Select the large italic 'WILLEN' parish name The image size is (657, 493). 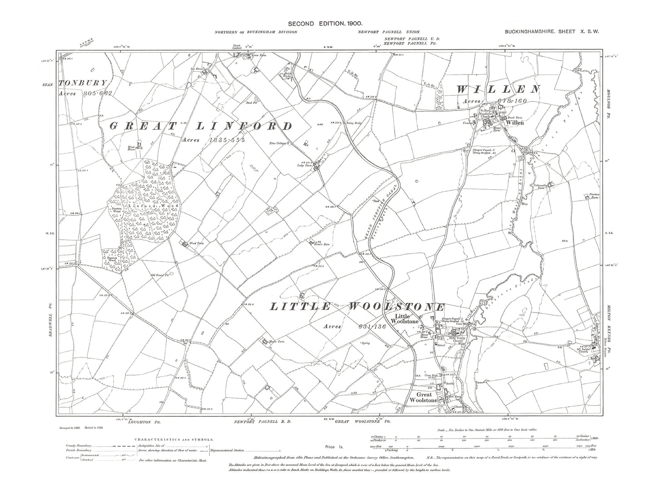tap(498, 89)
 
